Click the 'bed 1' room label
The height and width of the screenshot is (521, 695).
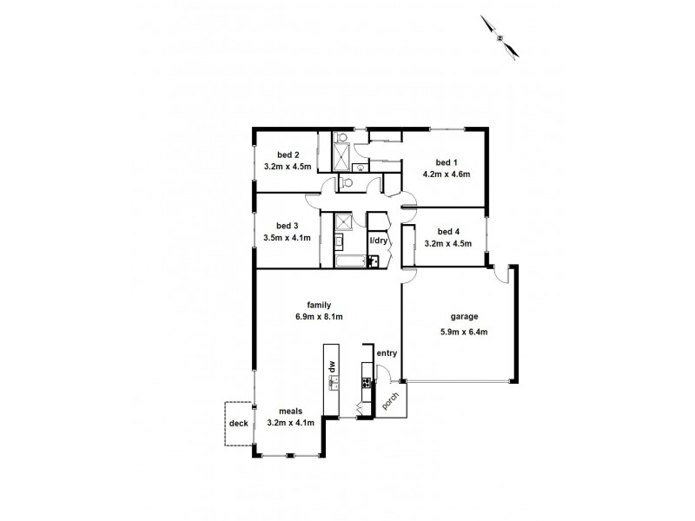coord(445,162)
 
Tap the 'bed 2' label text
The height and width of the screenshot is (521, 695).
coord(276,156)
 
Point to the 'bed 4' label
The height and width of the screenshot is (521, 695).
coord(447,232)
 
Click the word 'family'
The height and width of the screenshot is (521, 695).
coord(319,305)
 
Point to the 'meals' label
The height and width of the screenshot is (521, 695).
coord(290,412)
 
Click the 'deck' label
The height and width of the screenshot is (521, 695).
coord(238,423)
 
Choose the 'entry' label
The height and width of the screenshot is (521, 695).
coord(387,353)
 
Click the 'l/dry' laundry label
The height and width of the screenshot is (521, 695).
coord(379,241)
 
